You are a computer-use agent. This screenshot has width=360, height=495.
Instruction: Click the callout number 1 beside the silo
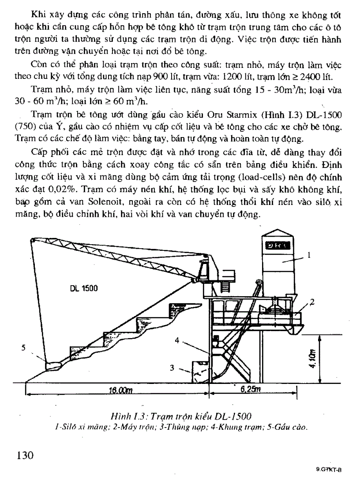309,254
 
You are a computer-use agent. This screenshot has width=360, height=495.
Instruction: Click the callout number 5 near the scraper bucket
24,347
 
